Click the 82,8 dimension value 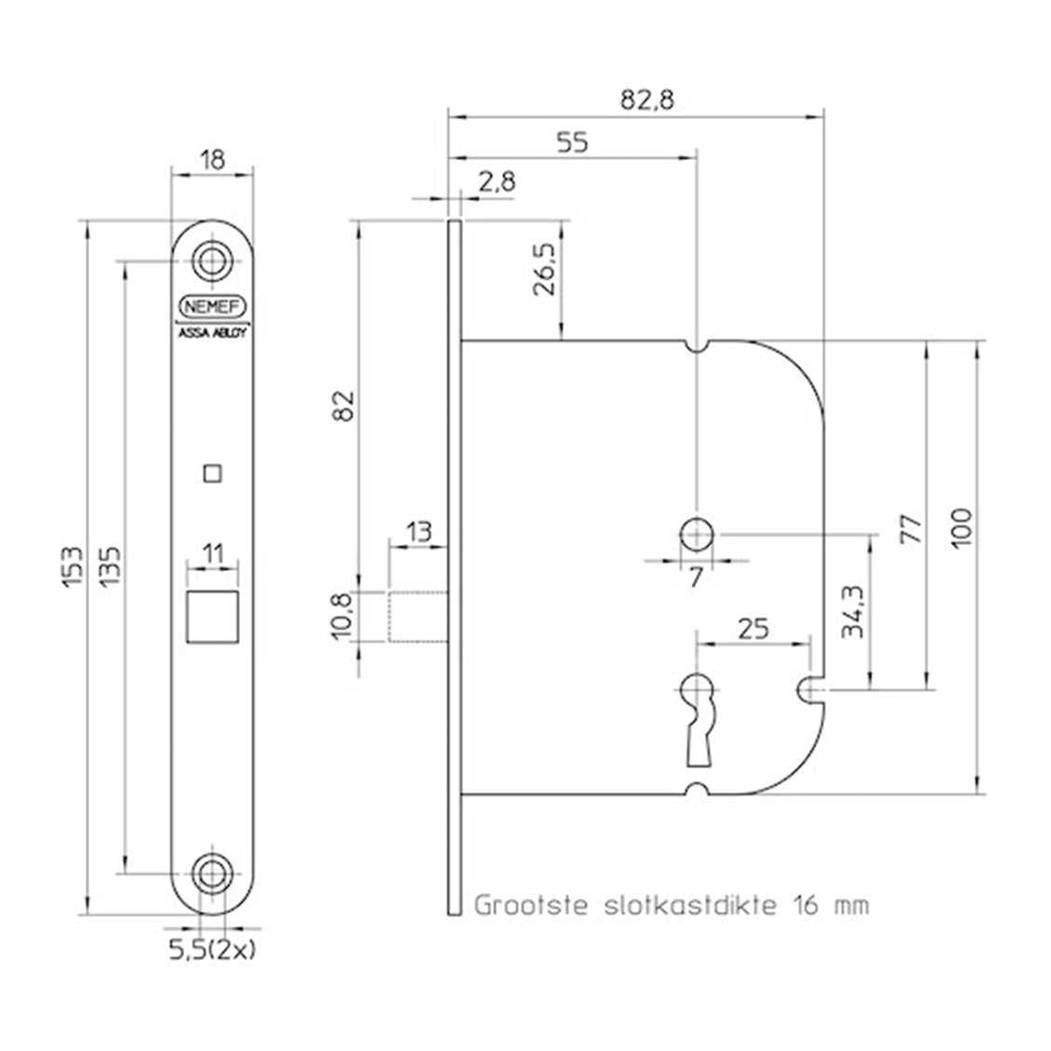(646, 100)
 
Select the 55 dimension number (572, 142)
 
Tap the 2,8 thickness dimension (497, 181)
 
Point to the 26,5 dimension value (544, 269)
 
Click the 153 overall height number (73, 567)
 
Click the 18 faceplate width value (212, 160)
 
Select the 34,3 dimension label (853, 611)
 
